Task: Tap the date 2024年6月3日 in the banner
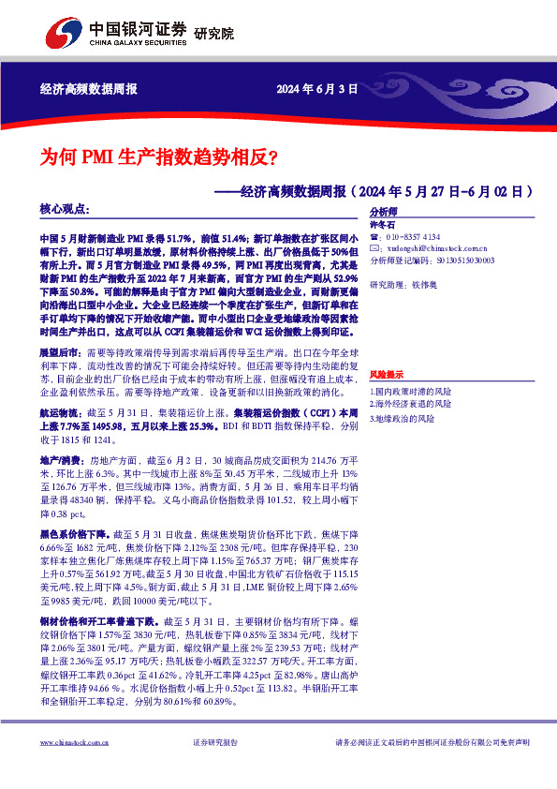pyautogui.click(x=318, y=90)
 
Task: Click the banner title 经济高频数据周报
pyautogui.click(x=89, y=90)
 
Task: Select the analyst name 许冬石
pyautogui.click(x=382, y=225)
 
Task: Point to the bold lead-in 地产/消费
pyautogui.click(x=60, y=461)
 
